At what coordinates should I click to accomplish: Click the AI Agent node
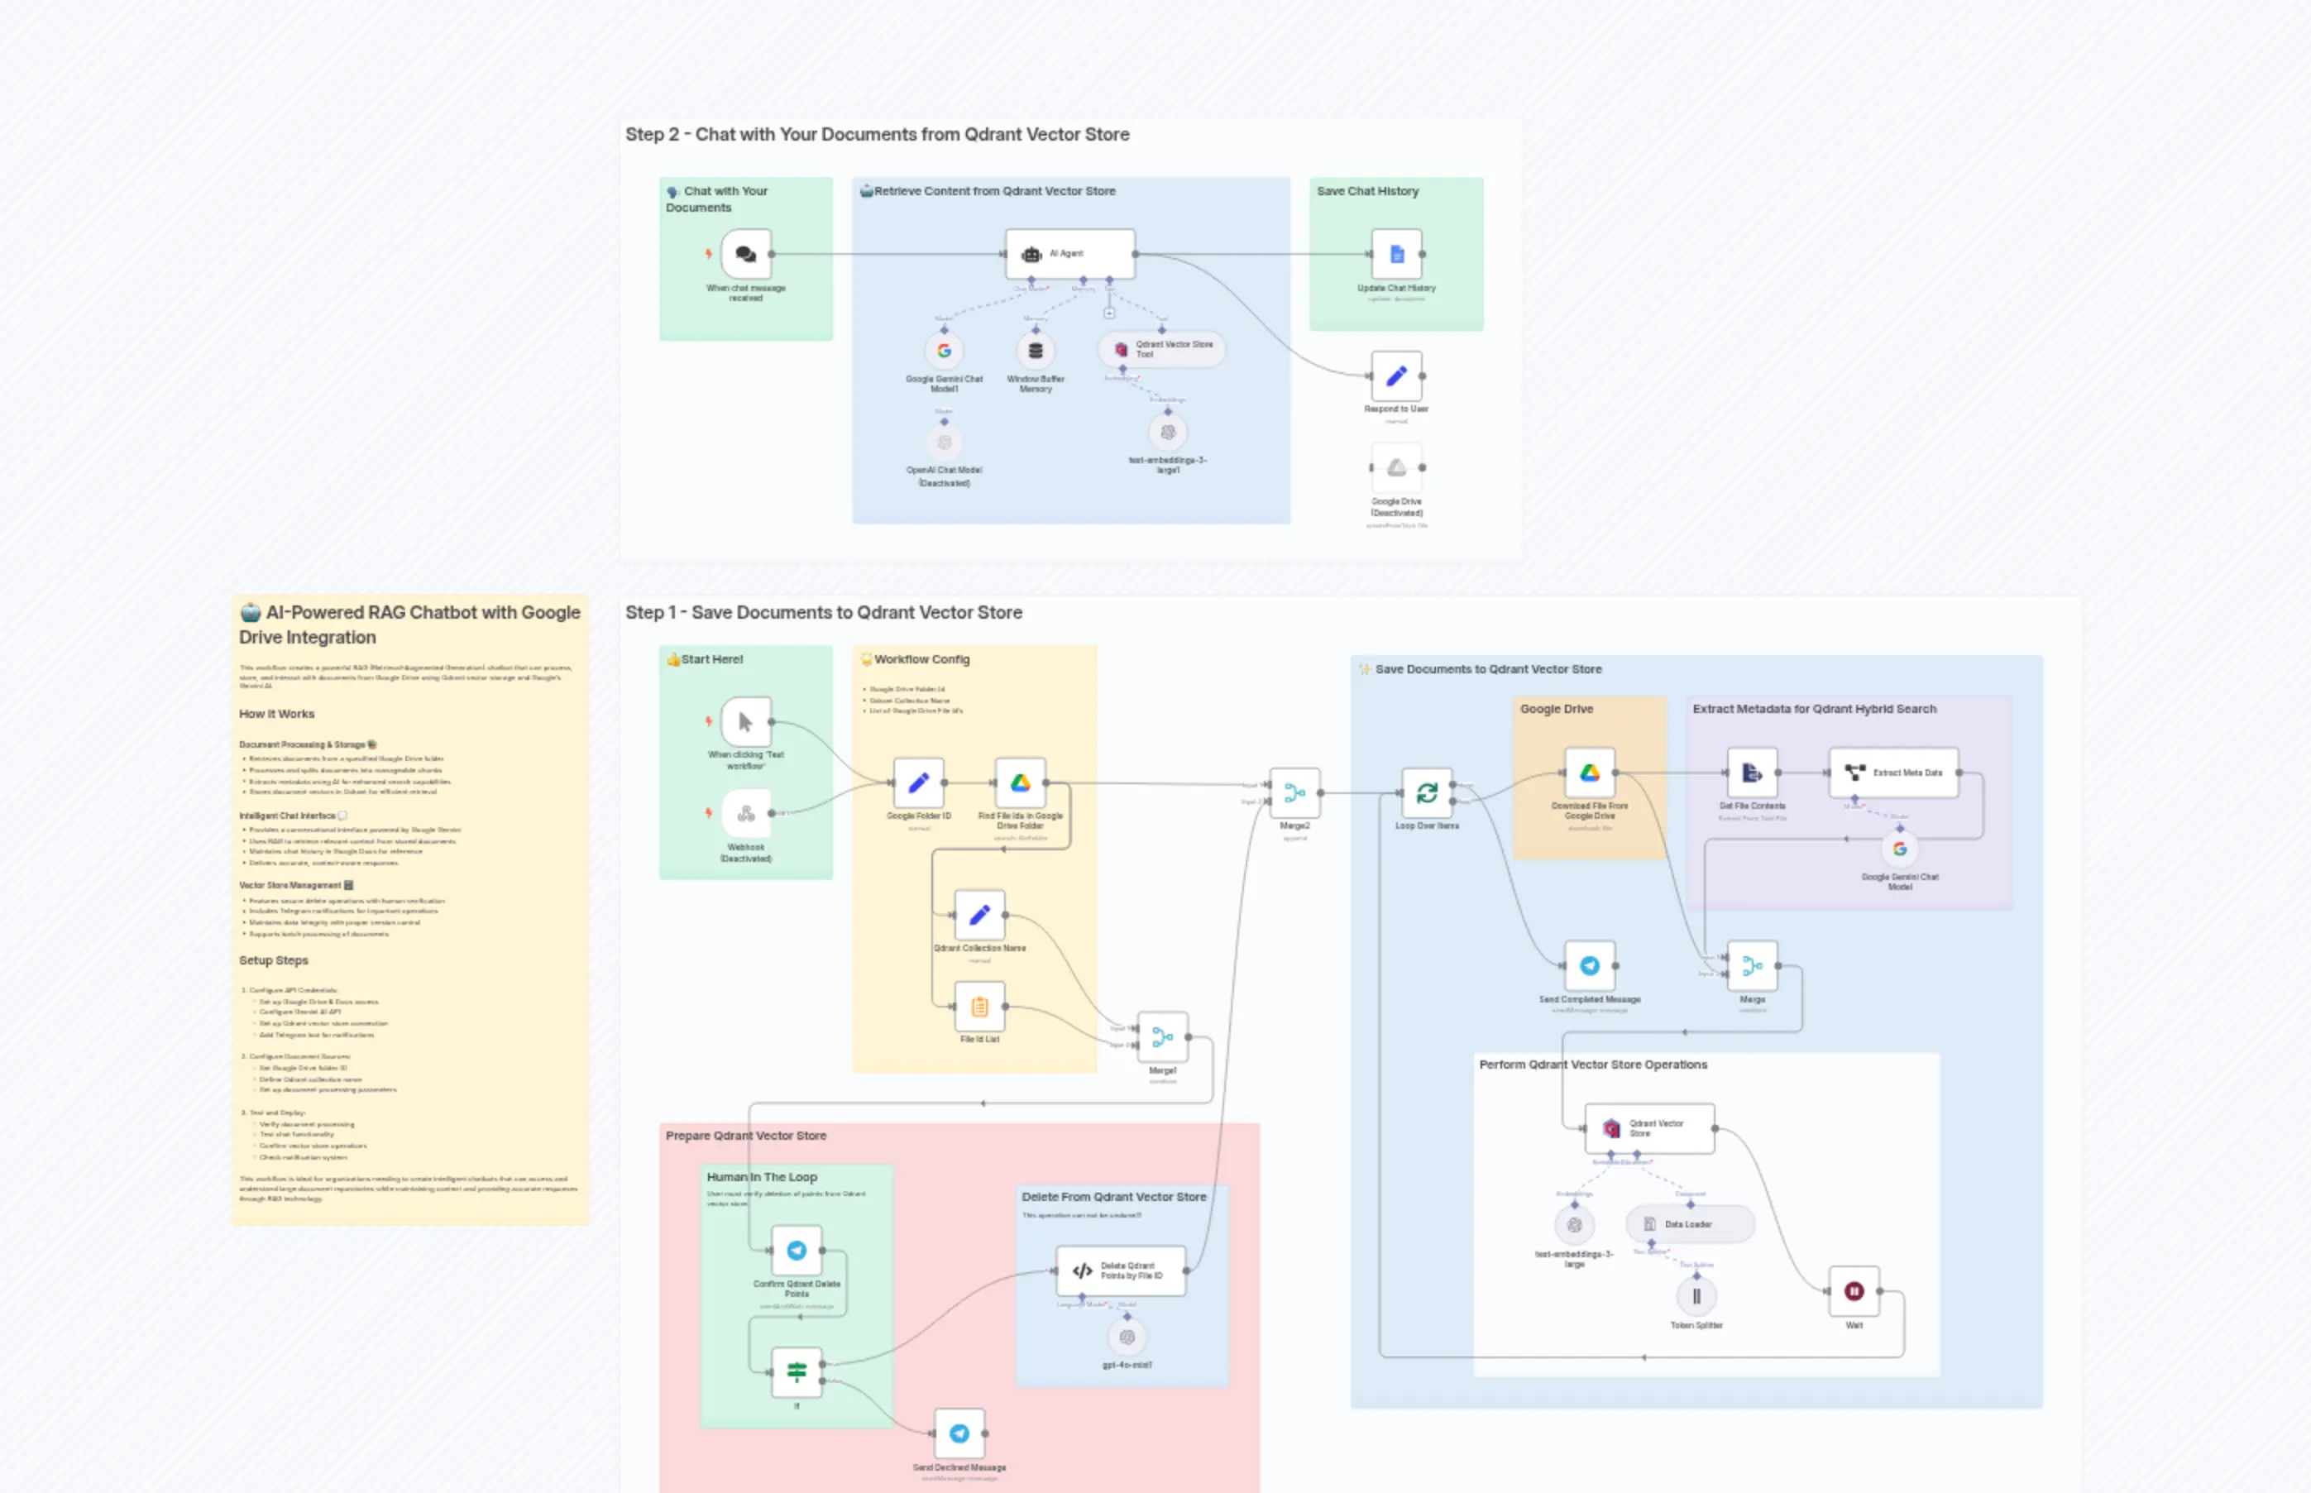click(x=1069, y=254)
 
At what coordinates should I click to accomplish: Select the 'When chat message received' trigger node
click(x=745, y=254)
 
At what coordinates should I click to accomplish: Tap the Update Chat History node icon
click(x=1396, y=254)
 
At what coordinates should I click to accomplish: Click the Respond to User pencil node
click(x=1396, y=376)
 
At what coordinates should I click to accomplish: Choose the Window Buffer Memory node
click(x=1036, y=351)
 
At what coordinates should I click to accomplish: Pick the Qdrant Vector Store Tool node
click(x=1161, y=349)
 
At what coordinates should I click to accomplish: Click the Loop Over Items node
click(x=1426, y=793)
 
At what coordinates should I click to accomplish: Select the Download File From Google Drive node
click(x=1589, y=773)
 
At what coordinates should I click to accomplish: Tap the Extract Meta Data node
click(x=1892, y=773)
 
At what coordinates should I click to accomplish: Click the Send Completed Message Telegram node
click(x=1589, y=965)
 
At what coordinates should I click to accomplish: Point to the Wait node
click(x=1854, y=1291)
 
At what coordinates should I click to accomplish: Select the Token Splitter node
click(x=1696, y=1296)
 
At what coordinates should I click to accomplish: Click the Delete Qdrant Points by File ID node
click(x=1121, y=1271)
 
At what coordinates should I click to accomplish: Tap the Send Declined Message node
click(x=959, y=1433)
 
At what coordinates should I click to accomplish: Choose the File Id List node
click(x=979, y=1007)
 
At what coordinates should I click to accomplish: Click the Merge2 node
click(x=1294, y=793)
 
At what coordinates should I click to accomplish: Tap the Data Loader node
click(x=1689, y=1224)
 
